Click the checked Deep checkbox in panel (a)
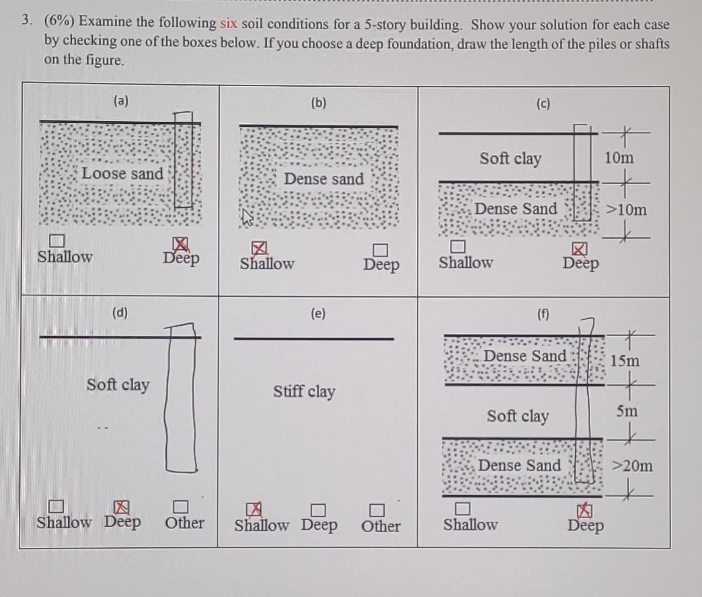[x=180, y=244]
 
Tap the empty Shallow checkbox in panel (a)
[x=56, y=241]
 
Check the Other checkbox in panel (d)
[x=181, y=506]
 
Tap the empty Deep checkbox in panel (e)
[x=317, y=509]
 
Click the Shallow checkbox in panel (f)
[x=463, y=508]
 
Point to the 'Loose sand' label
[x=122, y=174]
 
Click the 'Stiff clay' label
[x=304, y=391]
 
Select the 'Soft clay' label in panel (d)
[x=118, y=384]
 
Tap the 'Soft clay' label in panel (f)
[x=517, y=416]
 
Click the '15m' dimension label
[x=625, y=360]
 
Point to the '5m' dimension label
[x=627, y=411]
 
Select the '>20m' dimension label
[x=631, y=465]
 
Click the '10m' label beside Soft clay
[x=619, y=158]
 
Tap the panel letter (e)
[x=318, y=313]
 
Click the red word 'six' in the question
[x=229, y=23]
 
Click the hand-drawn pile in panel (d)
[x=181, y=398]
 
